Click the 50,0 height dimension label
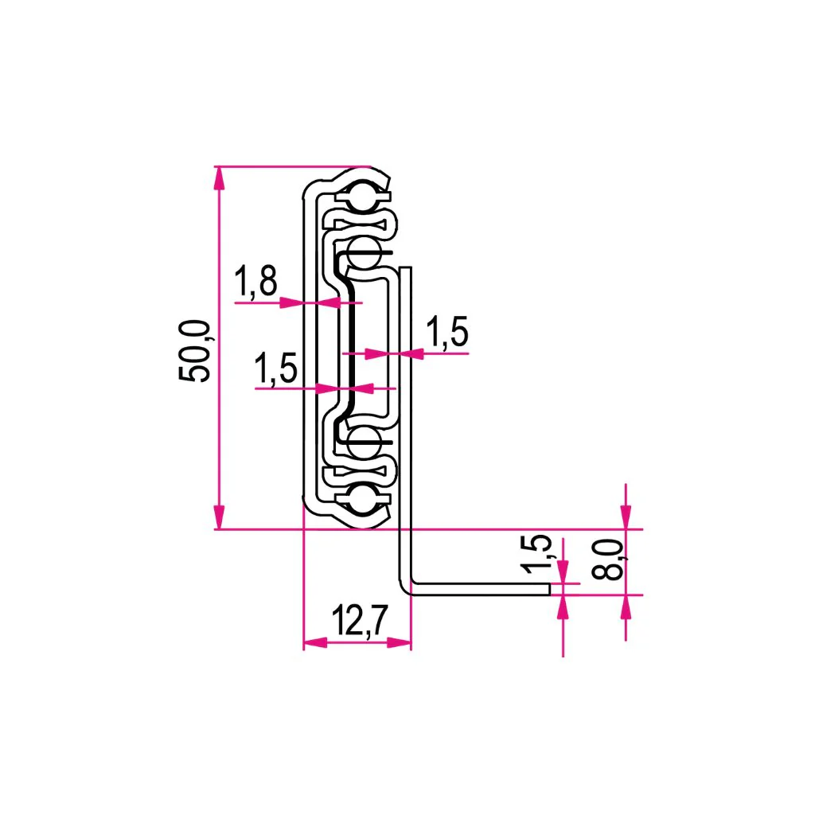(x=195, y=351)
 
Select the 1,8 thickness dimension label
(x=256, y=282)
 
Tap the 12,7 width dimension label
(x=360, y=621)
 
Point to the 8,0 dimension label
(x=608, y=560)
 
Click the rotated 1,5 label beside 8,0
(x=537, y=554)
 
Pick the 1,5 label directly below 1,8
(x=276, y=369)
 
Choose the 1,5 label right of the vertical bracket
(x=447, y=332)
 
